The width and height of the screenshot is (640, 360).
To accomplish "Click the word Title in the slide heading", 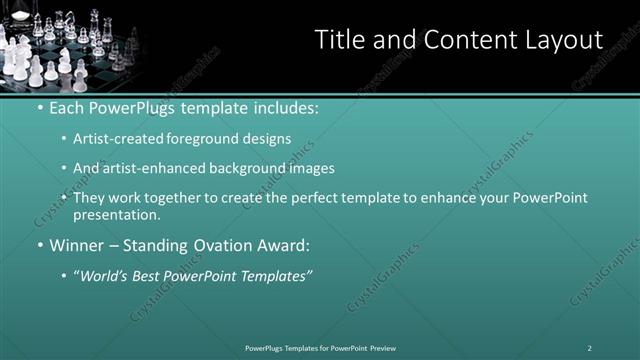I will (338, 40).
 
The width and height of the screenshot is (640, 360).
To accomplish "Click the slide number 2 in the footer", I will (589, 347).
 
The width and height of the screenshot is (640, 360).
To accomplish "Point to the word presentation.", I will (115, 214).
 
